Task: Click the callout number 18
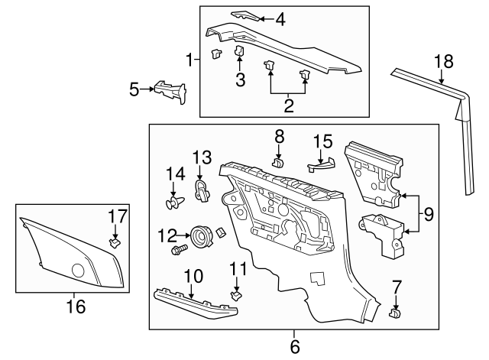pyautogui.click(x=443, y=61)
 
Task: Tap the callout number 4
pyautogui.click(x=280, y=19)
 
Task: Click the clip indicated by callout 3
pyautogui.click(x=238, y=50)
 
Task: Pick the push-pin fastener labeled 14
pyautogui.click(x=174, y=203)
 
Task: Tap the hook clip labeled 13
pyautogui.click(x=202, y=190)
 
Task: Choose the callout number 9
pyautogui.click(x=429, y=215)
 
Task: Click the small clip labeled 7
pyautogui.click(x=395, y=312)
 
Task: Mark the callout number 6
pyautogui.click(x=295, y=347)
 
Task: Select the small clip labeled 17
pyautogui.click(x=114, y=244)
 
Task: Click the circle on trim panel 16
pyautogui.click(x=77, y=271)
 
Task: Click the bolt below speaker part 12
pyautogui.click(x=179, y=249)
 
